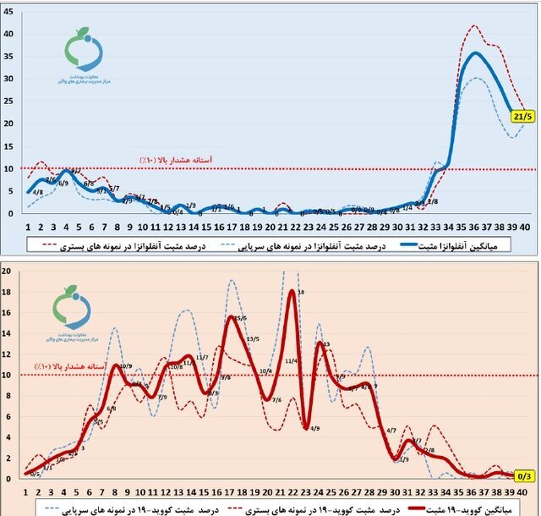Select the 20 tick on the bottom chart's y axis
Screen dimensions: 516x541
tap(7, 272)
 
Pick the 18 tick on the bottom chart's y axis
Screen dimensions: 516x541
tap(7, 292)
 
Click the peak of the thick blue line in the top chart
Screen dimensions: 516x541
tap(477, 53)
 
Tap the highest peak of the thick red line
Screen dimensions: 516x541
tap(292, 291)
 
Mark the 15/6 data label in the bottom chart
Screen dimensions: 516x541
tap(241, 318)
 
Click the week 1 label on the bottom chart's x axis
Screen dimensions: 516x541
tap(27, 492)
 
